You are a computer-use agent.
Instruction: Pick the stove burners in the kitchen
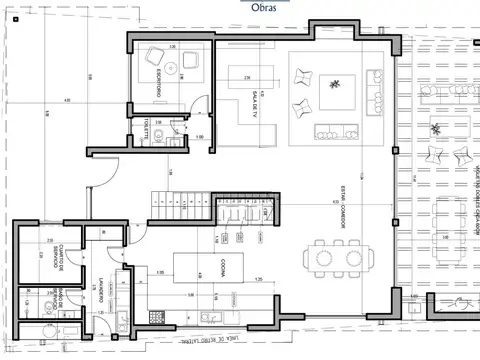pos(156,317)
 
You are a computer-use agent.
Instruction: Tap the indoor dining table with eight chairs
pos(336,256)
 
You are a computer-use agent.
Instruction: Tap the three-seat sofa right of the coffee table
pos(374,88)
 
